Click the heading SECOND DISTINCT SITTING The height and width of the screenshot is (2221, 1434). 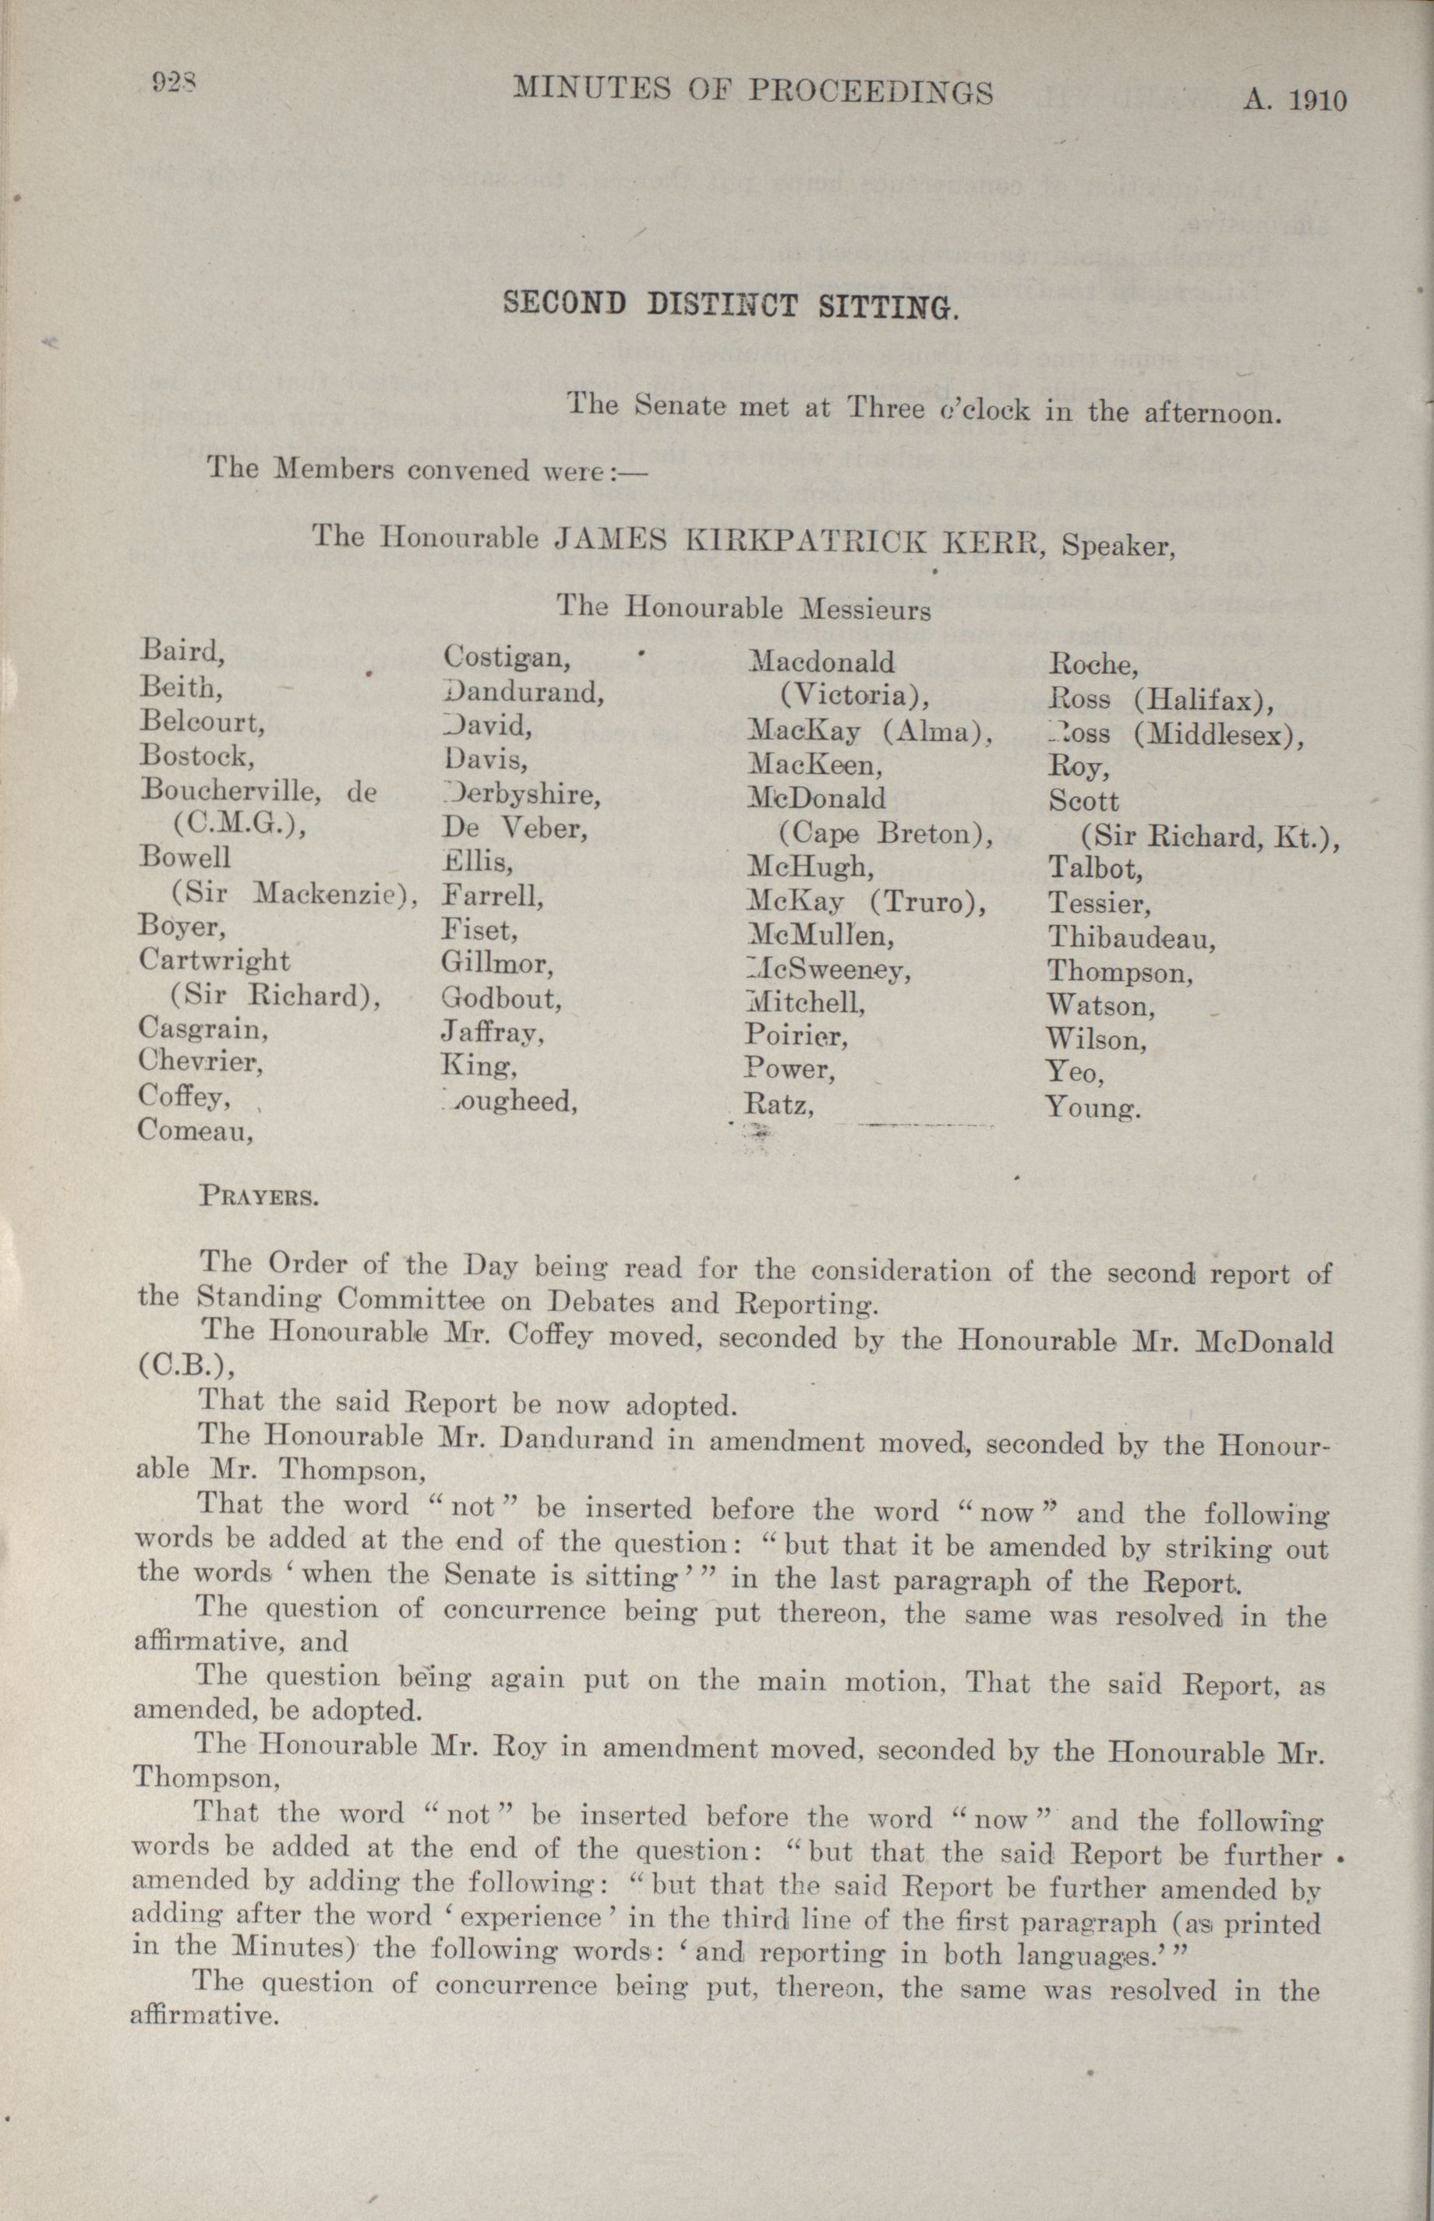pyautogui.click(x=730, y=305)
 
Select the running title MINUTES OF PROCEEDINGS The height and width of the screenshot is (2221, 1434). pyautogui.click(x=754, y=90)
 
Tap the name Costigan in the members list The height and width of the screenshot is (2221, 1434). pyautogui.click(x=507, y=657)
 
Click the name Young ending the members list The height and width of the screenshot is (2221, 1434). pyautogui.click(x=1093, y=1107)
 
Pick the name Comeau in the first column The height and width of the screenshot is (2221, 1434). pyautogui.click(x=196, y=1130)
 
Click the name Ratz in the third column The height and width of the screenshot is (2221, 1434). pyautogui.click(x=779, y=1105)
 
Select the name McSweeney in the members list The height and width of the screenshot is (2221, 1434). pyautogui.click(x=828, y=970)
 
